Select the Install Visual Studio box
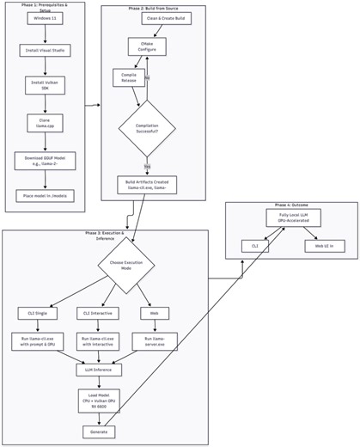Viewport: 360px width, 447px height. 45,51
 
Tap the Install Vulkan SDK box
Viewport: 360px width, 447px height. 45,86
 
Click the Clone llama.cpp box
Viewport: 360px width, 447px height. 45,124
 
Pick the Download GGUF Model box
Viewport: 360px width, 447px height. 45,162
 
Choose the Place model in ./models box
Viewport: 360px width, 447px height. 45,196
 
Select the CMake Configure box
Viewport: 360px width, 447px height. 148,46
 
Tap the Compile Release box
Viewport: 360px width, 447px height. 130,78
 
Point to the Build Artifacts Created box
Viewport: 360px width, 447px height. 147,185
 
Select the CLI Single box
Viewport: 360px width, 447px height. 37,312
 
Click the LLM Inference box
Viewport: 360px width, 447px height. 99,370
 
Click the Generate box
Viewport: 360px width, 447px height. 99,432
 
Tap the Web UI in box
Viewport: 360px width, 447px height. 323,246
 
